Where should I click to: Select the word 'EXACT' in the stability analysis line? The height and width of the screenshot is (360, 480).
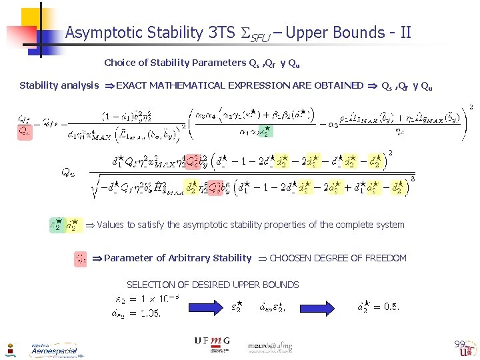tap(132, 85)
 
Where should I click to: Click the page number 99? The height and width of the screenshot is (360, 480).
tap(459, 343)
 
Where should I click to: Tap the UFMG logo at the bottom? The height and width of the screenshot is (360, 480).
tap(212, 341)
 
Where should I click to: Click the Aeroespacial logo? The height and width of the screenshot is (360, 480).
tap(53, 349)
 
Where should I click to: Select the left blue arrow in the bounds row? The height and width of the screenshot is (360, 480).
tap(201, 307)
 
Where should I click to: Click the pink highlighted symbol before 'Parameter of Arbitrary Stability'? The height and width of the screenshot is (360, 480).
tap(80, 258)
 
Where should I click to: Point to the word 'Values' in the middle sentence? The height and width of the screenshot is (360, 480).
tap(111, 225)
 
